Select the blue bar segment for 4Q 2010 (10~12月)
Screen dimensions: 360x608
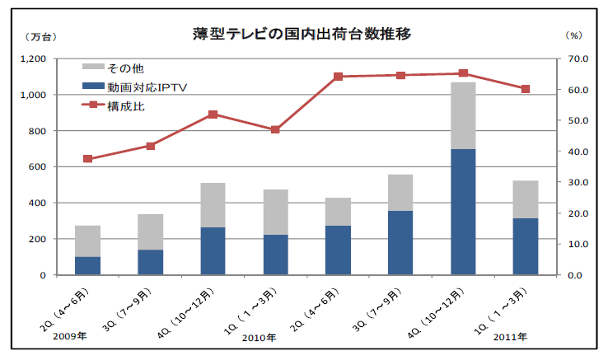pyautogui.click(x=463, y=212)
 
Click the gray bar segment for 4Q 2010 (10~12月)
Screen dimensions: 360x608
pyautogui.click(x=463, y=115)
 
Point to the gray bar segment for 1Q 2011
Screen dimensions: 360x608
pyautogui.click(x=526, y=199)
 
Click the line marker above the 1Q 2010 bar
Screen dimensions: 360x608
pyautogui.click(x=275, y=129)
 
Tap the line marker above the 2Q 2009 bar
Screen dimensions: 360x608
pyautogui.click(x=87, y=159)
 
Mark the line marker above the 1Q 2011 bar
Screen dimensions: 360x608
pyautogui.click(x=526, y=89)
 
